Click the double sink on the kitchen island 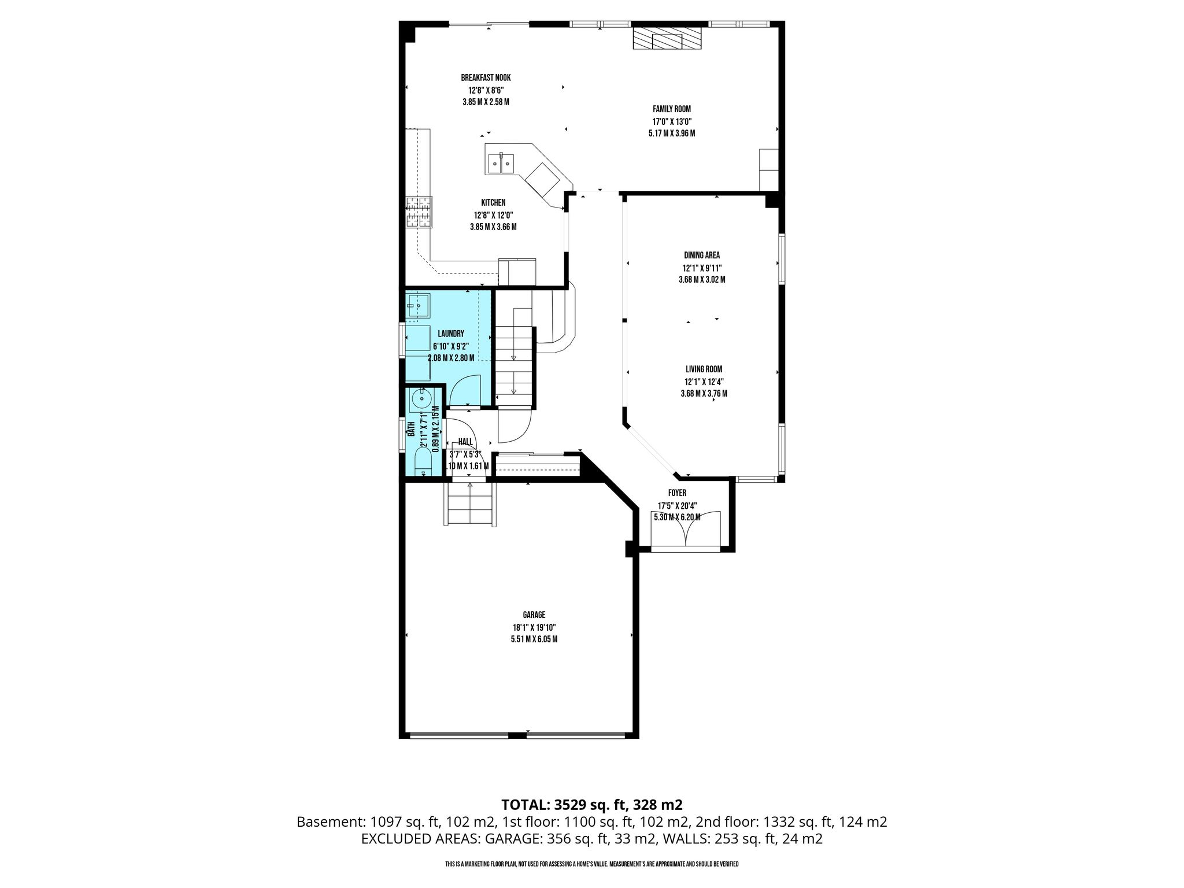click(x=501, y=164)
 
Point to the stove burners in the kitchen click(x=419, y=212)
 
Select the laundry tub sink click(x=418, y=305)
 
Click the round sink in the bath click(x=423, y=398)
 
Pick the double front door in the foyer click(x=686, y=529)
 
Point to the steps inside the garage click(x=470, y=504)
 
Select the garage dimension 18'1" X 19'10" click(x=534, y=627)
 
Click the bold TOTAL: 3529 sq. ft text click(x=592, y=805)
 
